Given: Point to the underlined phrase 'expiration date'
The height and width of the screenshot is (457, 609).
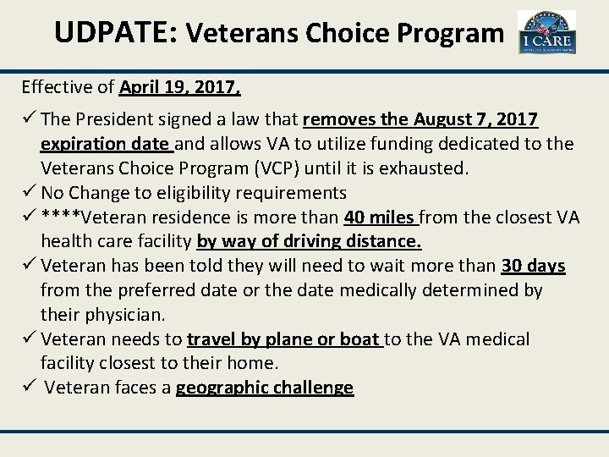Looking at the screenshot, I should (106, 144).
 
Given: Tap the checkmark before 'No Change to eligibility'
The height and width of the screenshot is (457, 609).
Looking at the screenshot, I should (30, 192).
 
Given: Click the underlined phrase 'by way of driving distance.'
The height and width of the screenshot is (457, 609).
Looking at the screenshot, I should (309, 241).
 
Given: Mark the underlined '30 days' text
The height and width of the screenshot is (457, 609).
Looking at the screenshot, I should (533, 266).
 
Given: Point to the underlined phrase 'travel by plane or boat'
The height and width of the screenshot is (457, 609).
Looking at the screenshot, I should (284, 339).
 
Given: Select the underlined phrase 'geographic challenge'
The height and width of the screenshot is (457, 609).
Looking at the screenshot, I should (264, 388).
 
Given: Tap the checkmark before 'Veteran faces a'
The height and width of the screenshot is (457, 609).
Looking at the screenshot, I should (30, 388).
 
